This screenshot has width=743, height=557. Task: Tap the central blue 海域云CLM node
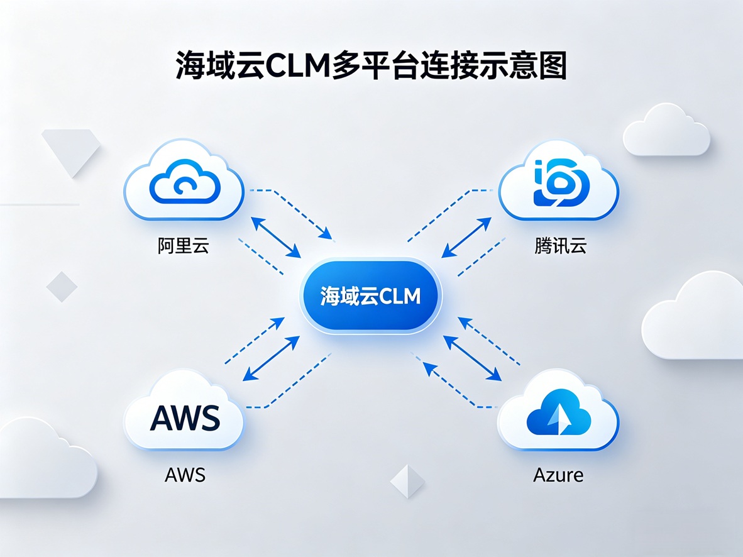371,295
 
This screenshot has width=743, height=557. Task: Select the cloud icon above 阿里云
184,180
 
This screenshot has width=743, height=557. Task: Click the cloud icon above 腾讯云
558,181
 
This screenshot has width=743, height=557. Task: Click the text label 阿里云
183,245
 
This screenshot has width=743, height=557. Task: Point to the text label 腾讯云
560,245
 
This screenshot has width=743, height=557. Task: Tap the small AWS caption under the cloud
185,474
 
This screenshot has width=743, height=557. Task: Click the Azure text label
558,474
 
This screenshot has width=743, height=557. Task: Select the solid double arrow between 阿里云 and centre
275,237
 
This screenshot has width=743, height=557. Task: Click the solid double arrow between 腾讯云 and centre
466,238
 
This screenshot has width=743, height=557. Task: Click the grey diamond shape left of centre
62,287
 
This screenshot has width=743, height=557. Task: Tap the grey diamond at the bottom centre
407,482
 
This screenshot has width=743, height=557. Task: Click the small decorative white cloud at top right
666,131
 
